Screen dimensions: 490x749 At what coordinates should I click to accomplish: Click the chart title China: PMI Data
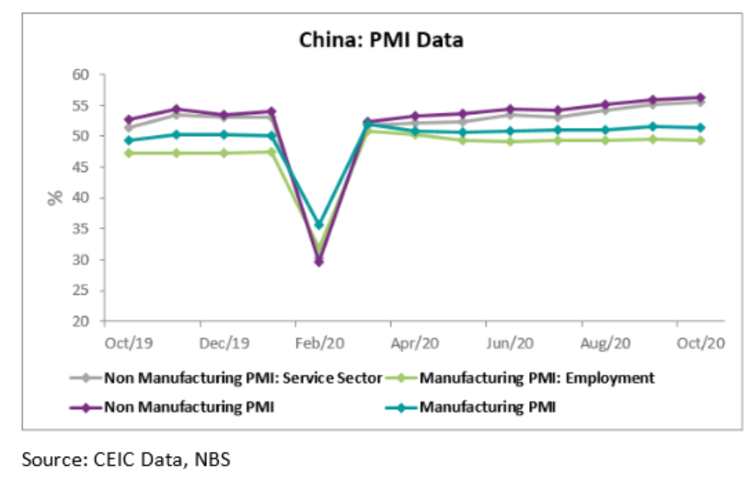click(381, 40)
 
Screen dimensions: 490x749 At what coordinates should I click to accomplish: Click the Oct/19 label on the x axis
click(129, 343)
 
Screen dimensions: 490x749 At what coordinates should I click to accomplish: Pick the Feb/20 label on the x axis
click(319, 343)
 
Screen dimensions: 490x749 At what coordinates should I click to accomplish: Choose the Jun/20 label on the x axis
click(511, 343)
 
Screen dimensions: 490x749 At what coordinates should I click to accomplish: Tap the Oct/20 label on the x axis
click(701, 343)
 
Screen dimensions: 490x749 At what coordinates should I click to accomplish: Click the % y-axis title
click(55, 197)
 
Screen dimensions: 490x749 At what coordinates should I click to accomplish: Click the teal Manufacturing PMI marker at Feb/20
click(319, 224)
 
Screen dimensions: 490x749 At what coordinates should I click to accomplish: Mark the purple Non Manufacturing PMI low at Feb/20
click(319, 262)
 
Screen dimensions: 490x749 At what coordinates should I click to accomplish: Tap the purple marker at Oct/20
click(701, 97)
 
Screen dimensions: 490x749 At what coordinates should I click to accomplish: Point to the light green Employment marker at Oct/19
click(129, 153)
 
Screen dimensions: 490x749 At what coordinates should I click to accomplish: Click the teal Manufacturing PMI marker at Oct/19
click(129, 141)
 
